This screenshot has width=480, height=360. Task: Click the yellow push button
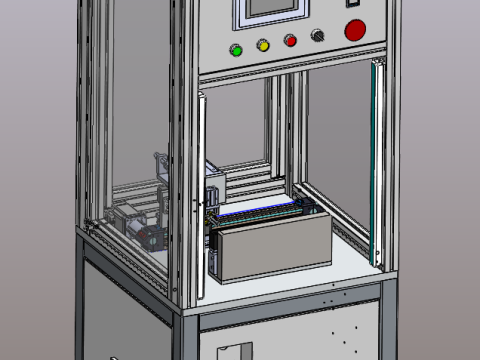pyautogui.click(x=264, y=45)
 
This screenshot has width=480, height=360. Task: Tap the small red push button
pyautogui.click(x=291, y=41)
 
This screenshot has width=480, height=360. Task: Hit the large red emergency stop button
pyautogui.click(x=355, y=30)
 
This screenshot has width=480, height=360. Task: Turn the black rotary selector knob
pyautogui.click(x=319, y=36)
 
